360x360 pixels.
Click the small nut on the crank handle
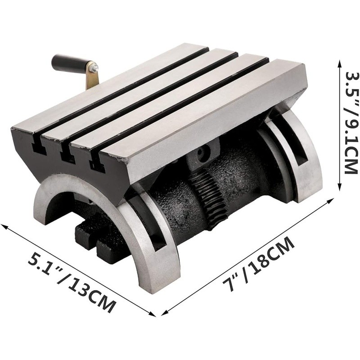tap(94, 68)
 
